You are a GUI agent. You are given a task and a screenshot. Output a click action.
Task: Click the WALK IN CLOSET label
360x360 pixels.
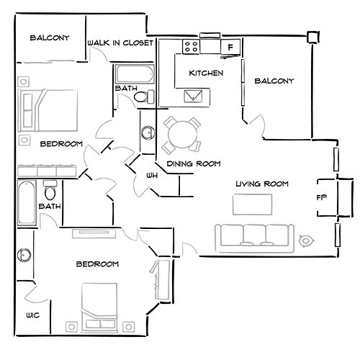coord(120,43)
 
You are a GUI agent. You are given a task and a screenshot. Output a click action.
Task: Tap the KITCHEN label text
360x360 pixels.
coord(206,73)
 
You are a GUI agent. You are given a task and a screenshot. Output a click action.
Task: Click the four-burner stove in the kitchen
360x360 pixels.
coord(192,47)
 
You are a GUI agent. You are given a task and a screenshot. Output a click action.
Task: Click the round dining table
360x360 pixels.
coord(179,132)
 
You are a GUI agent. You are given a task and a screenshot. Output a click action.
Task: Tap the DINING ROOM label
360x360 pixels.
coord(193,163)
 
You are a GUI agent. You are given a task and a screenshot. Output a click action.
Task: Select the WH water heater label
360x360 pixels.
coord(152,175)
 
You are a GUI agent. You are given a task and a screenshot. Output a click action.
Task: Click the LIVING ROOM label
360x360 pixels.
coord(262,184)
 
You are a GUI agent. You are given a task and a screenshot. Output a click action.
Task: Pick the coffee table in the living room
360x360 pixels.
coord(252,204)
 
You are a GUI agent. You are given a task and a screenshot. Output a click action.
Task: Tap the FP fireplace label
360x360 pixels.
coord(322,196)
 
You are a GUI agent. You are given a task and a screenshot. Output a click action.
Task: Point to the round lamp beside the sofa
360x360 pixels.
coord(306,240)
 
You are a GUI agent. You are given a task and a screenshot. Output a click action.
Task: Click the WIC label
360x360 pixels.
coord(33,315)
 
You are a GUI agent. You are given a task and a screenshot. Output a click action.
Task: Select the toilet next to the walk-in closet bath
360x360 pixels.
coord(141,96)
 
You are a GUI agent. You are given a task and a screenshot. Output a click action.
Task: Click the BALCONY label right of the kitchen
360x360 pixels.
coord(274,81)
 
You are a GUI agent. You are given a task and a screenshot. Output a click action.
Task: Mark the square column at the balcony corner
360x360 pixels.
coord(312,37)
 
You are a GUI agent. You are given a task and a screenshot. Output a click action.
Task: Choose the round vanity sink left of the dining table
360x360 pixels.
coord(148,132)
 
